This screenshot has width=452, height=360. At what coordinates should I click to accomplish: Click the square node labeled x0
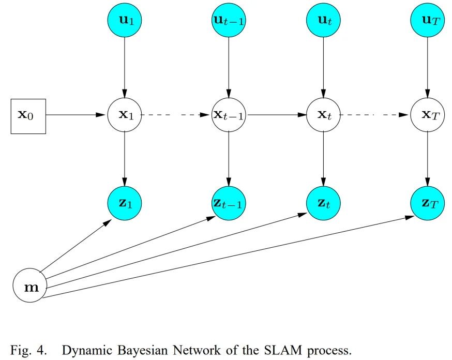click(x=28, y=116)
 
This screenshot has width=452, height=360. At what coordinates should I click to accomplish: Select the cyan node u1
click(x=125, y=20)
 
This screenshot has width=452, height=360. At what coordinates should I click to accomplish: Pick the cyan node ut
click(x=324, y=20)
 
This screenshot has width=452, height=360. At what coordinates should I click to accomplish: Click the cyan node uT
click(x=427, y=20)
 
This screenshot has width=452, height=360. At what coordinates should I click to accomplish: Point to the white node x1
click(x=125, y=115)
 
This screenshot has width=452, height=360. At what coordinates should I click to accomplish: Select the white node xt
click(x=324, y=115)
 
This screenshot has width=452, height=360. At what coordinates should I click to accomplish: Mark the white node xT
click(x=427, y=115)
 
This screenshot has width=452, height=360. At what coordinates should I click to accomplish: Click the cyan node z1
click(x=125, y=203)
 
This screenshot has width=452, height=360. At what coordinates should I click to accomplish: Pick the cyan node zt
click(x=324, y=203)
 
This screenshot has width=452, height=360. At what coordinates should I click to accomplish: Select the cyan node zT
click(x=427, y=203)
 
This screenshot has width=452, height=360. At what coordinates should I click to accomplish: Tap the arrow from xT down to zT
click(x=427, y=158)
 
